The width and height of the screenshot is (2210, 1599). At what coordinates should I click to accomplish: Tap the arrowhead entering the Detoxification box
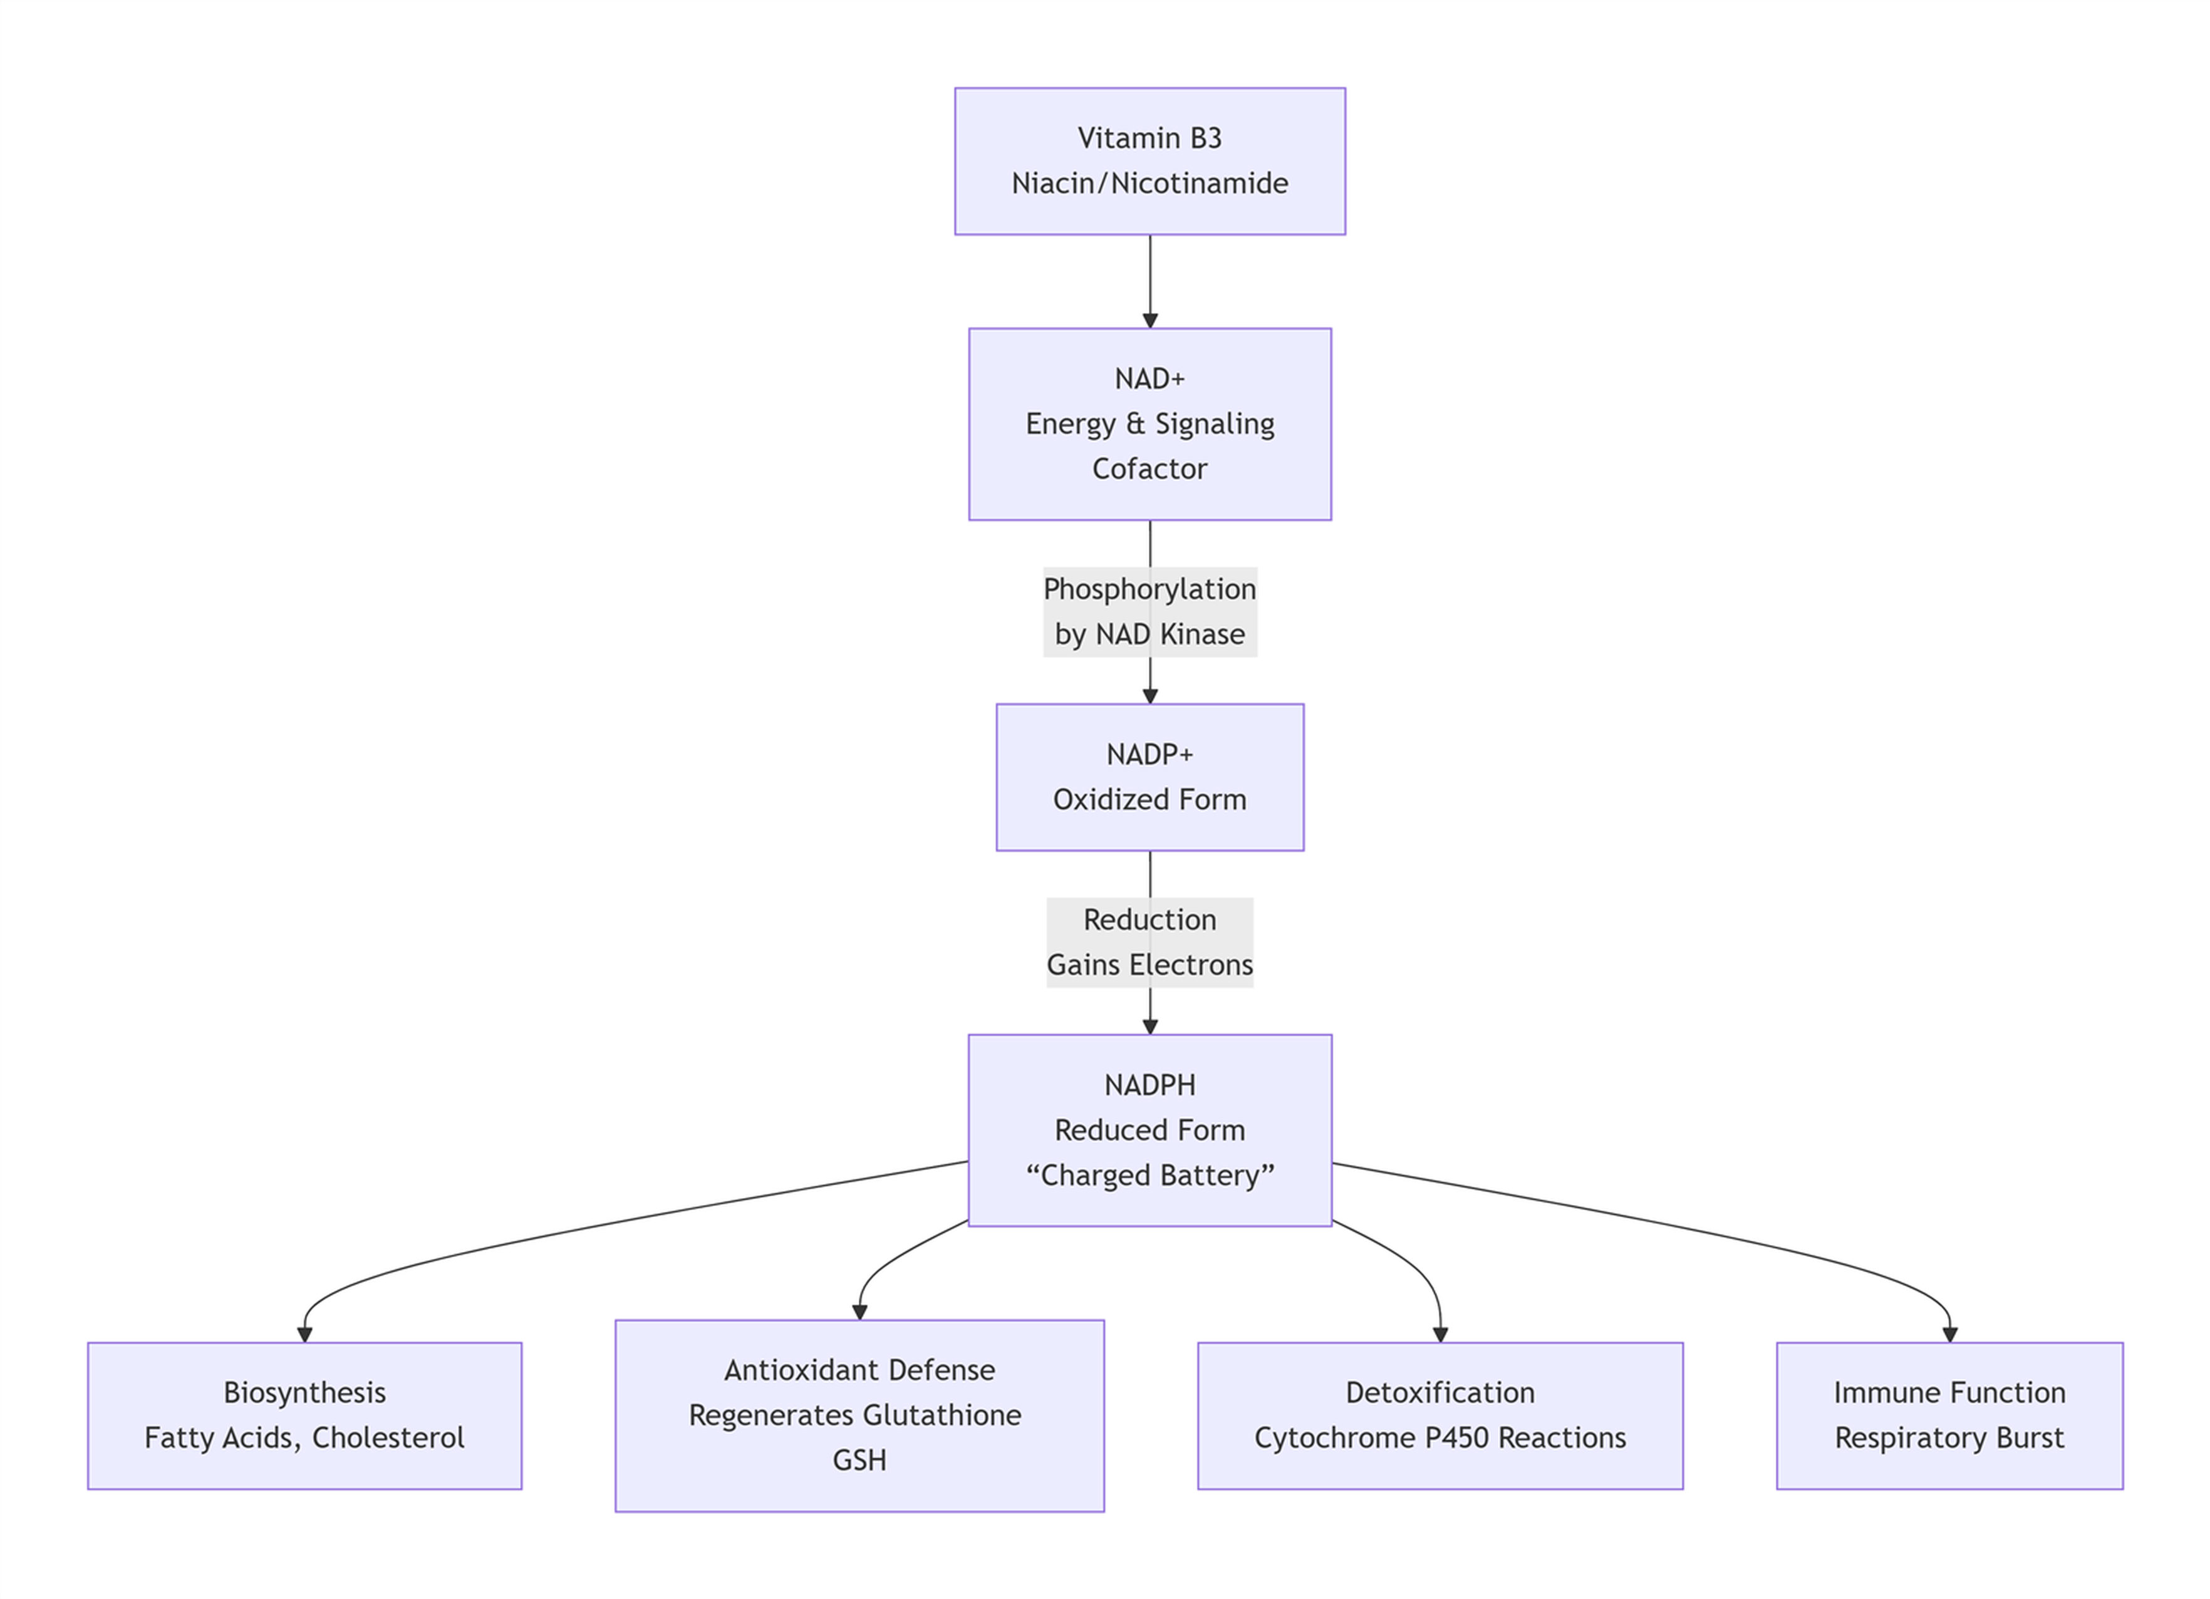(1440, 1334)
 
